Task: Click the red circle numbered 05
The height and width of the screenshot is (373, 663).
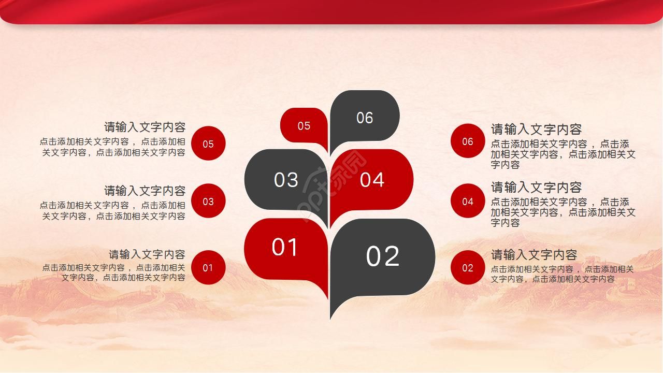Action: (208, 144)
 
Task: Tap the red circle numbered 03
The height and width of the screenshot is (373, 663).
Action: (208, 201)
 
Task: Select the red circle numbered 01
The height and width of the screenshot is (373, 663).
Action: (208, 267)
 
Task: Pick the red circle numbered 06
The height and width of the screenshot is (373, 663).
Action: (468, 141)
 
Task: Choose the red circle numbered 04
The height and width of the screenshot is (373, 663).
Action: (468, 201)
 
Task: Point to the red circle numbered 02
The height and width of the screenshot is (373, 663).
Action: (468, 267)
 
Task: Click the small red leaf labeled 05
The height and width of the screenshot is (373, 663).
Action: (304, 125)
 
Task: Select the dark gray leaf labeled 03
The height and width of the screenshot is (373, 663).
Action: (286, 180)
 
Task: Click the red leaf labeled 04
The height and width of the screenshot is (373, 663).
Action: (372, 180)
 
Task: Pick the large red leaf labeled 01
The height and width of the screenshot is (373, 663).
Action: (285, 247)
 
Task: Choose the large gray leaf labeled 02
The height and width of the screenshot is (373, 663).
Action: (383, 256)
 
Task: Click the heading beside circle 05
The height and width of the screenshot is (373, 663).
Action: (145, 127)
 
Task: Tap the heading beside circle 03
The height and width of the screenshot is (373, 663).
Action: (145, 191)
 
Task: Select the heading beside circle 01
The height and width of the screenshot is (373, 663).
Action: (147, 254)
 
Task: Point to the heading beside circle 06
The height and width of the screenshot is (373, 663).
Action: (536, 129)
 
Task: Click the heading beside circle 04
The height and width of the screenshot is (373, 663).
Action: (536, 187)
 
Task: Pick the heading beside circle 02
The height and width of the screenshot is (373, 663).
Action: (534, 255)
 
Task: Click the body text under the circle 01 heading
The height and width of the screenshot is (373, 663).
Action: (114, 272)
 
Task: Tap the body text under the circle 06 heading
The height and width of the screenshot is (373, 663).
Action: (563, 154)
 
